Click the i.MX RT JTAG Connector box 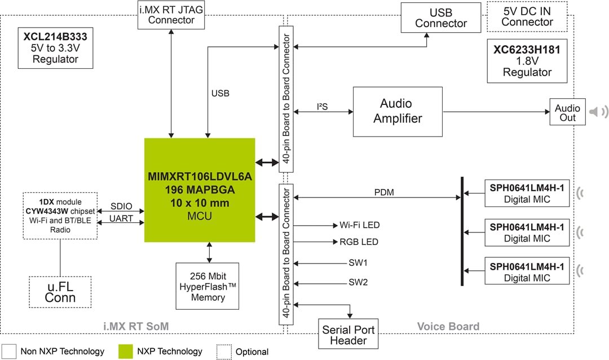[171, 15]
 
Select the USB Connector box [440, 17]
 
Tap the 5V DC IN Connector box [527, 17]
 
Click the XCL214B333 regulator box [55, 48]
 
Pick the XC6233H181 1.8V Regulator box [527, 60]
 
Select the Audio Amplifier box [398, 111]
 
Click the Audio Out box [567, 112]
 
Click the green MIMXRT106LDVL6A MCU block [200, 190]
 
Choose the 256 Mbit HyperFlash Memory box [208, 286]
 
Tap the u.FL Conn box [60, 292]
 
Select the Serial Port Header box [348, 335]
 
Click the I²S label [323, 106]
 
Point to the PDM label [384, 192]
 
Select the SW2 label [358, 282]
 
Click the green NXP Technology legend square [126, 351]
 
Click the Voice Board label [448, 326]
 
